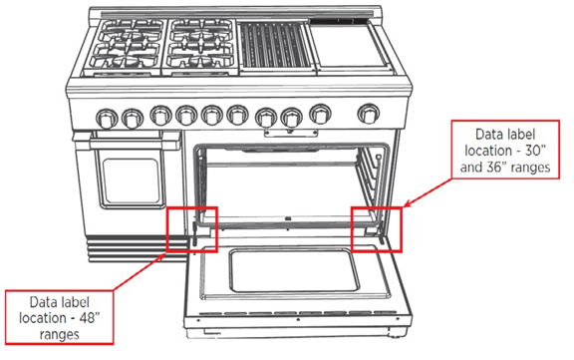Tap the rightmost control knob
point(370,113)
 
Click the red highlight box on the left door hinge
point(192,229)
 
